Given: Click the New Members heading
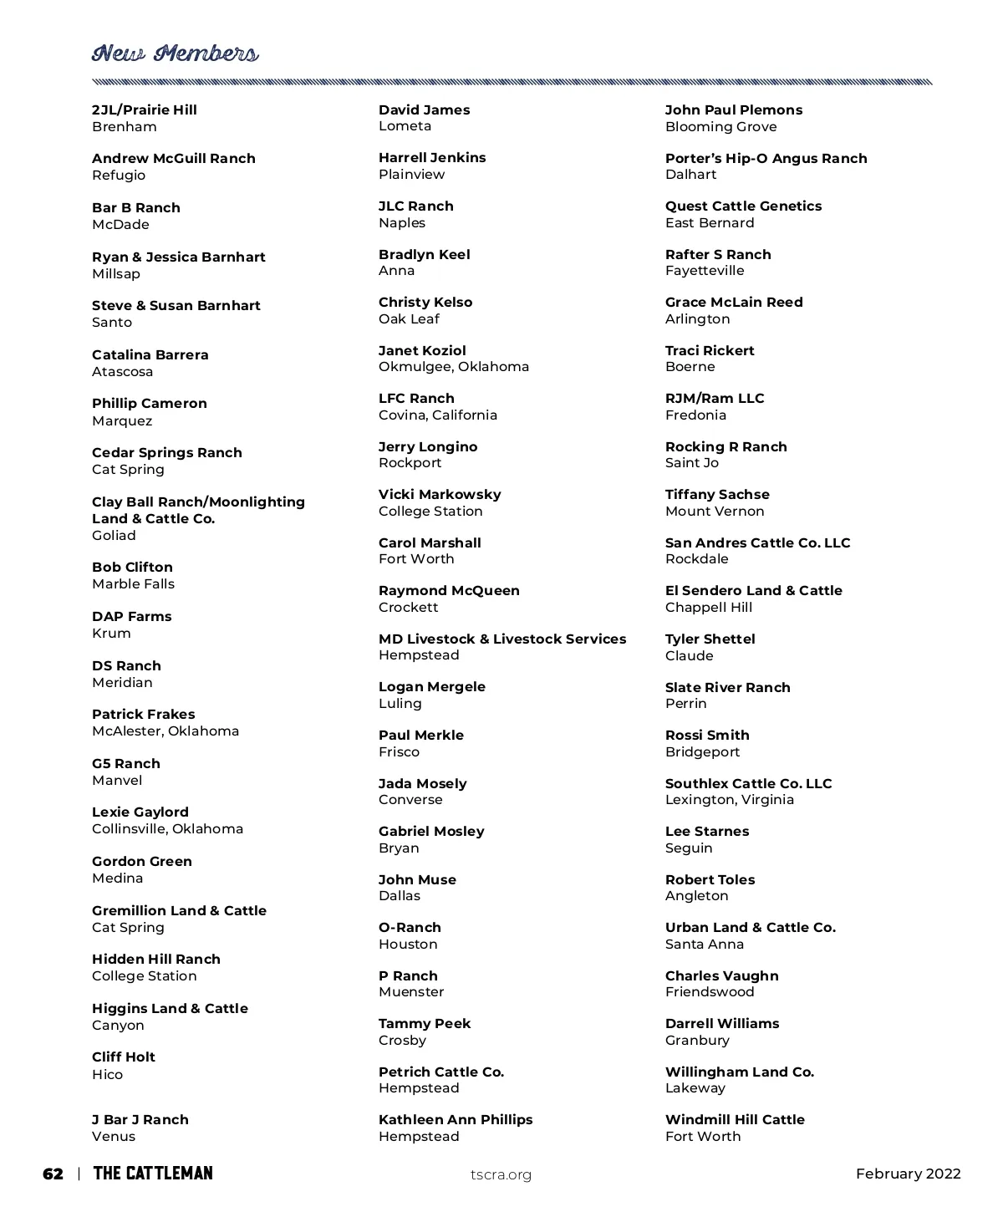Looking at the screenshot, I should tap(175, 53).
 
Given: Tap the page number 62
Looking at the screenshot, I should tap(53, 1174).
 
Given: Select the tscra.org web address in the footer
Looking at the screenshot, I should tap(501, 1174).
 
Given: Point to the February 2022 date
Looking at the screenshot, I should tap(908, 1174).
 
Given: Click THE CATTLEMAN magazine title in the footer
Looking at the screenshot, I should tap(153, 1174).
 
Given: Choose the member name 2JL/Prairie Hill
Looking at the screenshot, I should tap(145, 109).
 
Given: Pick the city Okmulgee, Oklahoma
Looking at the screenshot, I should tap(454, 367).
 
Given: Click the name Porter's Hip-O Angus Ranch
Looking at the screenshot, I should tap(766, 158).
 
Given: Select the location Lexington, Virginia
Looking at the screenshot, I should tap(730, 800).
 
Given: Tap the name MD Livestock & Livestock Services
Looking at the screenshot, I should tap(502, 639).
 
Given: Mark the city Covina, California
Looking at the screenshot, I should tap(438, 415).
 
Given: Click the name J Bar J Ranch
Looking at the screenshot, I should tap(140, 1119).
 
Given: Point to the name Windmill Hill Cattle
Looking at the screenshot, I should tap(735, 1119).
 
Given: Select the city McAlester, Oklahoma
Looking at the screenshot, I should tap(165, 731).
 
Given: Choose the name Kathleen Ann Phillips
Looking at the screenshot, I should tap(456, 1119).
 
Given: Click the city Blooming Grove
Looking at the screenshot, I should tap(720, 127).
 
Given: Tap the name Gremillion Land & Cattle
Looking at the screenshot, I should tap(179, 910).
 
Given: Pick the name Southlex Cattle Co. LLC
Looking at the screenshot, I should tap(748, 783).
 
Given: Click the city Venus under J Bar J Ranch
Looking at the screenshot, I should tap(114, 1137).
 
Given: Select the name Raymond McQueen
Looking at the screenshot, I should tap(449, 590).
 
